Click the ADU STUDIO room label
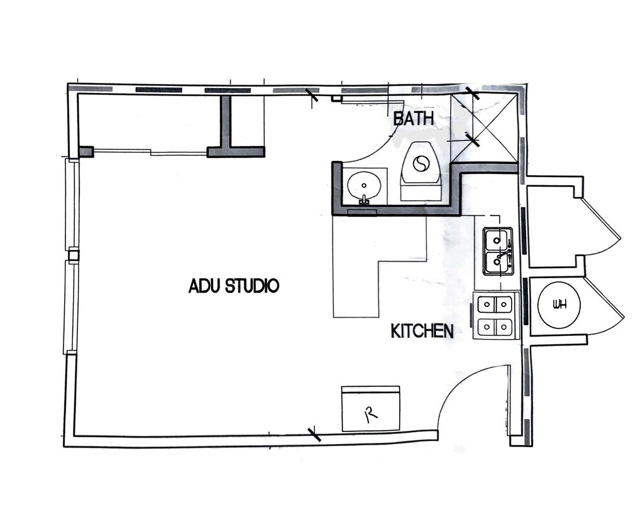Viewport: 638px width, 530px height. (x=233, y=286)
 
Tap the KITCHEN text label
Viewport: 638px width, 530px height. (x=422, y=331)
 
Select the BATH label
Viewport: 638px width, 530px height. (x=414, y=118)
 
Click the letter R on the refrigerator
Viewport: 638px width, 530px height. (x=370, y=413)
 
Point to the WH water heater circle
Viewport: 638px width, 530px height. (x=559, y=305)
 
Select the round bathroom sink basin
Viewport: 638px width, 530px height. (x=364, y=186)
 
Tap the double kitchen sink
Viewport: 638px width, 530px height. (x=498, y=251)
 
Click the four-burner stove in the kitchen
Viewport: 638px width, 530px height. (x=495, y=316)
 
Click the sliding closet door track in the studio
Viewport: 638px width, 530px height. (x=151, y=151)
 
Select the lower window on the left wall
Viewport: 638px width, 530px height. (x=70, y=306)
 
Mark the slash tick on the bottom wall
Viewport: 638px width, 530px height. (x=314, y=434)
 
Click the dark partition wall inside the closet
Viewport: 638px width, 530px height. (x=226, y=122)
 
